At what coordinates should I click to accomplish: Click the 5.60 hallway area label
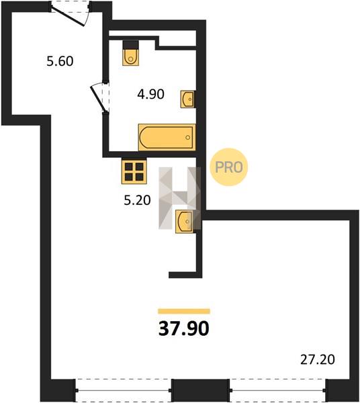(x=60, y=61)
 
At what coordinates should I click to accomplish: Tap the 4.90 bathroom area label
(x=150, y=94)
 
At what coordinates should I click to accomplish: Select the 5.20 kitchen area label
(x=137, y=200)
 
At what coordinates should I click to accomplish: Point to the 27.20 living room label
(x=318, y=359)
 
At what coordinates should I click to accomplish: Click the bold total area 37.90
(x=184, y=328)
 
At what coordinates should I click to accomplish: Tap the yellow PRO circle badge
(x=228, y=167)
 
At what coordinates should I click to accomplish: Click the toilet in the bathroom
(x=130, y=53)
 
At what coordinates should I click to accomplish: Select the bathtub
(x=167, y=137)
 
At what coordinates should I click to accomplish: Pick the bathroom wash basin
(x=187, y=99)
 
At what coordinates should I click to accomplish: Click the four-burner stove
(x=134, y=171)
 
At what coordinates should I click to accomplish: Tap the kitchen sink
(x=185, y=222)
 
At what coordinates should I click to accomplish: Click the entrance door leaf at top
(x=68, y=15)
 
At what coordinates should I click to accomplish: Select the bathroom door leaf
(x=99, y=99)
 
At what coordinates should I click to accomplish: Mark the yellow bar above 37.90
(x=184, y=311)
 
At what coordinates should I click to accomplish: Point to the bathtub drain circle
(x=188, y=138)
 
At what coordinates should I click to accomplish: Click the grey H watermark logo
(x=179, y=198)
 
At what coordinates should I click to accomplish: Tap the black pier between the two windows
(x=200, y=390)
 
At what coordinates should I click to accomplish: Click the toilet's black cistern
(x=130, y=45)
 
